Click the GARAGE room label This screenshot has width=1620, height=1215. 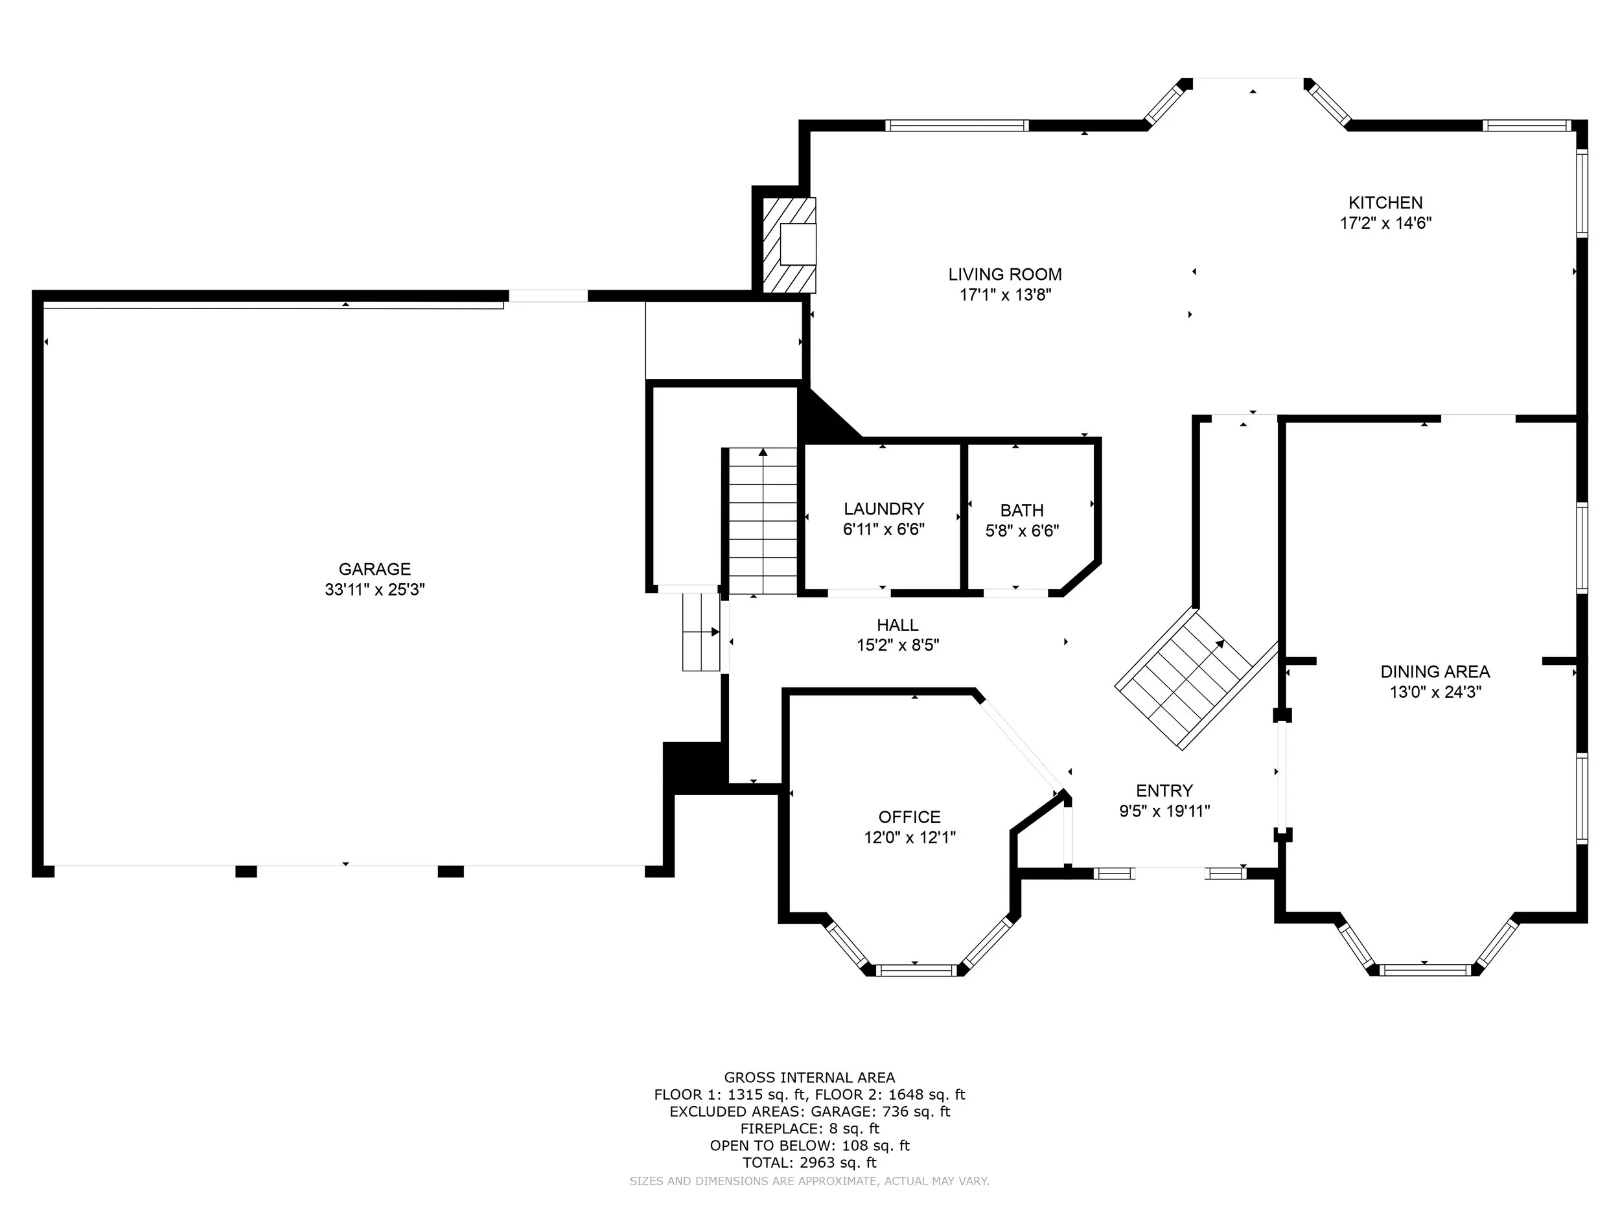375,569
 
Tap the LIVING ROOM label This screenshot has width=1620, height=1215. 1005,275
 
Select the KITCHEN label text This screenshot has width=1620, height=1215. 1385,203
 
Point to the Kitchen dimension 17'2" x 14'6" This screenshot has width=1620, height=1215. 1385,224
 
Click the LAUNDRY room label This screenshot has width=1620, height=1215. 884,509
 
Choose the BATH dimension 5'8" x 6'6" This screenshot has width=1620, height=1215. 1023,531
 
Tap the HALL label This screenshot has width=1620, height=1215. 898,625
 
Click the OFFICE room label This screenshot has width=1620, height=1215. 910,817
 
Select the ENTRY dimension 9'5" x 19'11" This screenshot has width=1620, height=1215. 1164,811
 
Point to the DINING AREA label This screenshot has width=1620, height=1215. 1435,671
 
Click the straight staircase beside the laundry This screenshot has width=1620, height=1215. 763,521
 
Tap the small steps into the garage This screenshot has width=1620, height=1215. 702,632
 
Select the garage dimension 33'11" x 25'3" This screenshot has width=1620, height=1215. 375,590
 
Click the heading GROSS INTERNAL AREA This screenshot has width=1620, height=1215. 809,1078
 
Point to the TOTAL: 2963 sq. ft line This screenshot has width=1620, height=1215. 809,1163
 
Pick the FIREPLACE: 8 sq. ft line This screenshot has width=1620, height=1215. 809,1129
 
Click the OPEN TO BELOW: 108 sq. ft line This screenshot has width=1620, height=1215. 809,1146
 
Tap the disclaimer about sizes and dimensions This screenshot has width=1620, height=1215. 809,1181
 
